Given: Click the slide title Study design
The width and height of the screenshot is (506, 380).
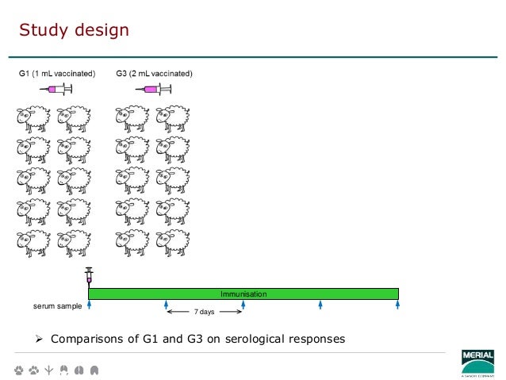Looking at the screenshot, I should [74, 31].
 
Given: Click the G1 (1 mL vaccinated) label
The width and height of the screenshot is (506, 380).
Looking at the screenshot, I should [57, 74].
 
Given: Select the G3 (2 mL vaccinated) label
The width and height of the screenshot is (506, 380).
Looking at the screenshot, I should [154, 74].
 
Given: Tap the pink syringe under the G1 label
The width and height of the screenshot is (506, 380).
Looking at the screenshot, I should [56, 90].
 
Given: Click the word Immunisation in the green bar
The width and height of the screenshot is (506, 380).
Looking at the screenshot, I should [243, 294].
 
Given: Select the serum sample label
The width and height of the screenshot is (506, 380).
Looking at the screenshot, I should [57, 305].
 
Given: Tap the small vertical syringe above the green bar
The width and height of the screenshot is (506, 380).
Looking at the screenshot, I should [89, 277].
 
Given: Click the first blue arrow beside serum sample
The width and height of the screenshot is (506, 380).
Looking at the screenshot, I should [89, 305].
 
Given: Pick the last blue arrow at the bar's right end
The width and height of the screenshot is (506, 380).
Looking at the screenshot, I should [397, 305].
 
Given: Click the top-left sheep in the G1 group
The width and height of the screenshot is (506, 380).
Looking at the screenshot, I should [32, 118].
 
